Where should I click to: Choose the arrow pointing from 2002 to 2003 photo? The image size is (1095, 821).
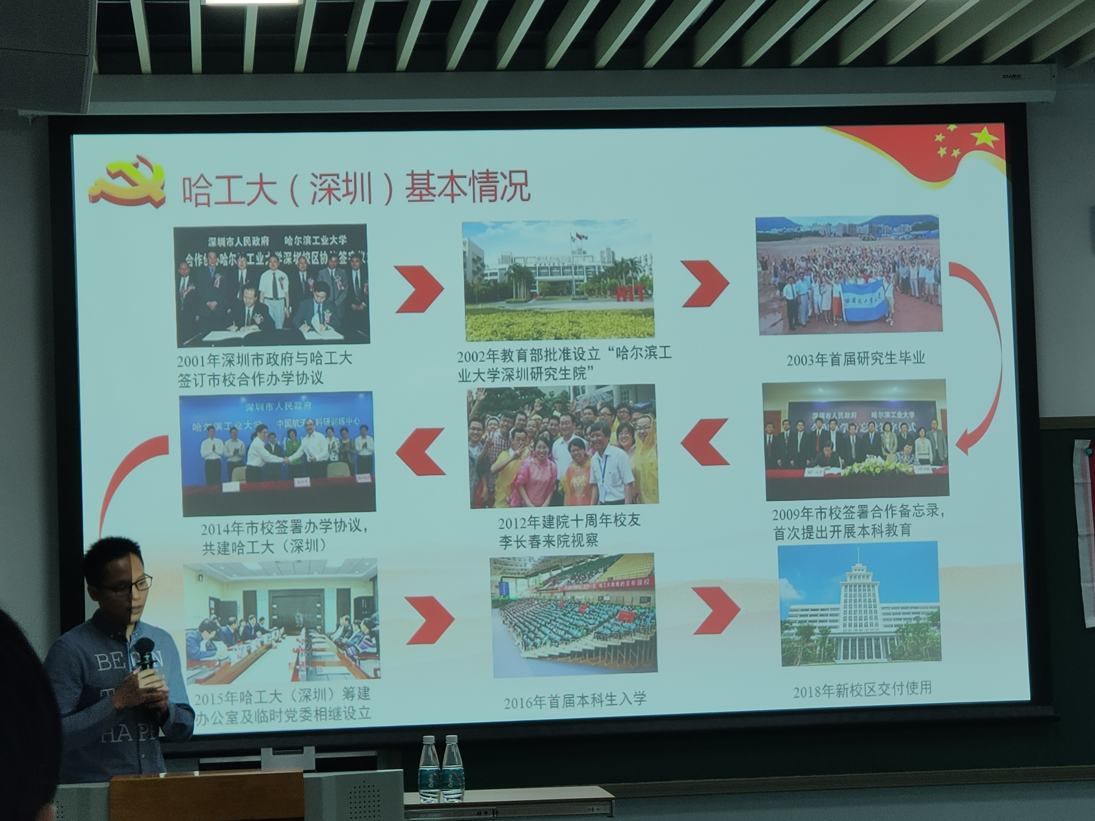[x=705, y=284]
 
